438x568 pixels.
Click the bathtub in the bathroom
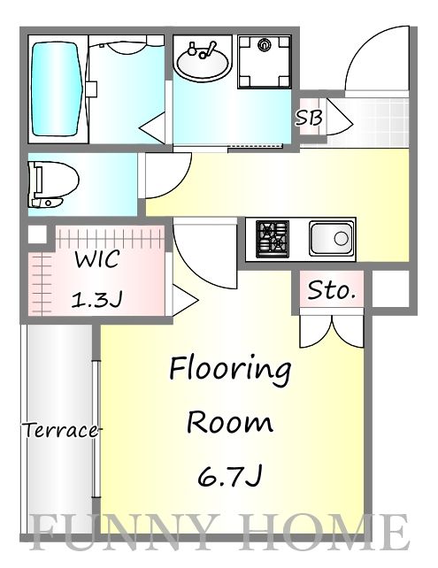pyautogui.click(x=56, y=89)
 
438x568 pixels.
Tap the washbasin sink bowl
pyautogui.click(x=202, y=65)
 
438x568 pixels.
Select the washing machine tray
pyautogui.click(x=265, y=62)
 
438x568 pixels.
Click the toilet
pyautogui.click(x=54, y=184)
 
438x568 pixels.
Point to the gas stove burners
pyautogui.click(x=273, y=239)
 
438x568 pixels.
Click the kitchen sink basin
pyautogui.click(x=331, y=239)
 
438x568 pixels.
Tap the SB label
pyautogui.click(x=309, y=118)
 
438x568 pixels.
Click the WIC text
pyautogui.click(x=96, y=258)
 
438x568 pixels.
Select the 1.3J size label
pyautogui.click(x=96, y=299)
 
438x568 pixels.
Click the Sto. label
pyautogui.click(x=331, y=290)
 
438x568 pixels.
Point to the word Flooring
pyautogui.click(x=230, y=370)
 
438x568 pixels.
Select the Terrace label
pyautogui.click(x=61, y=430)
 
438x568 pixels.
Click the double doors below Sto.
pyautogui.click(x=332, y=331)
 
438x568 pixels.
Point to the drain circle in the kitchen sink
pyautogui.click(x=341, y=239)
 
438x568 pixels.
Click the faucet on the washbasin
pyautogui.click(x=203, y=50)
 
